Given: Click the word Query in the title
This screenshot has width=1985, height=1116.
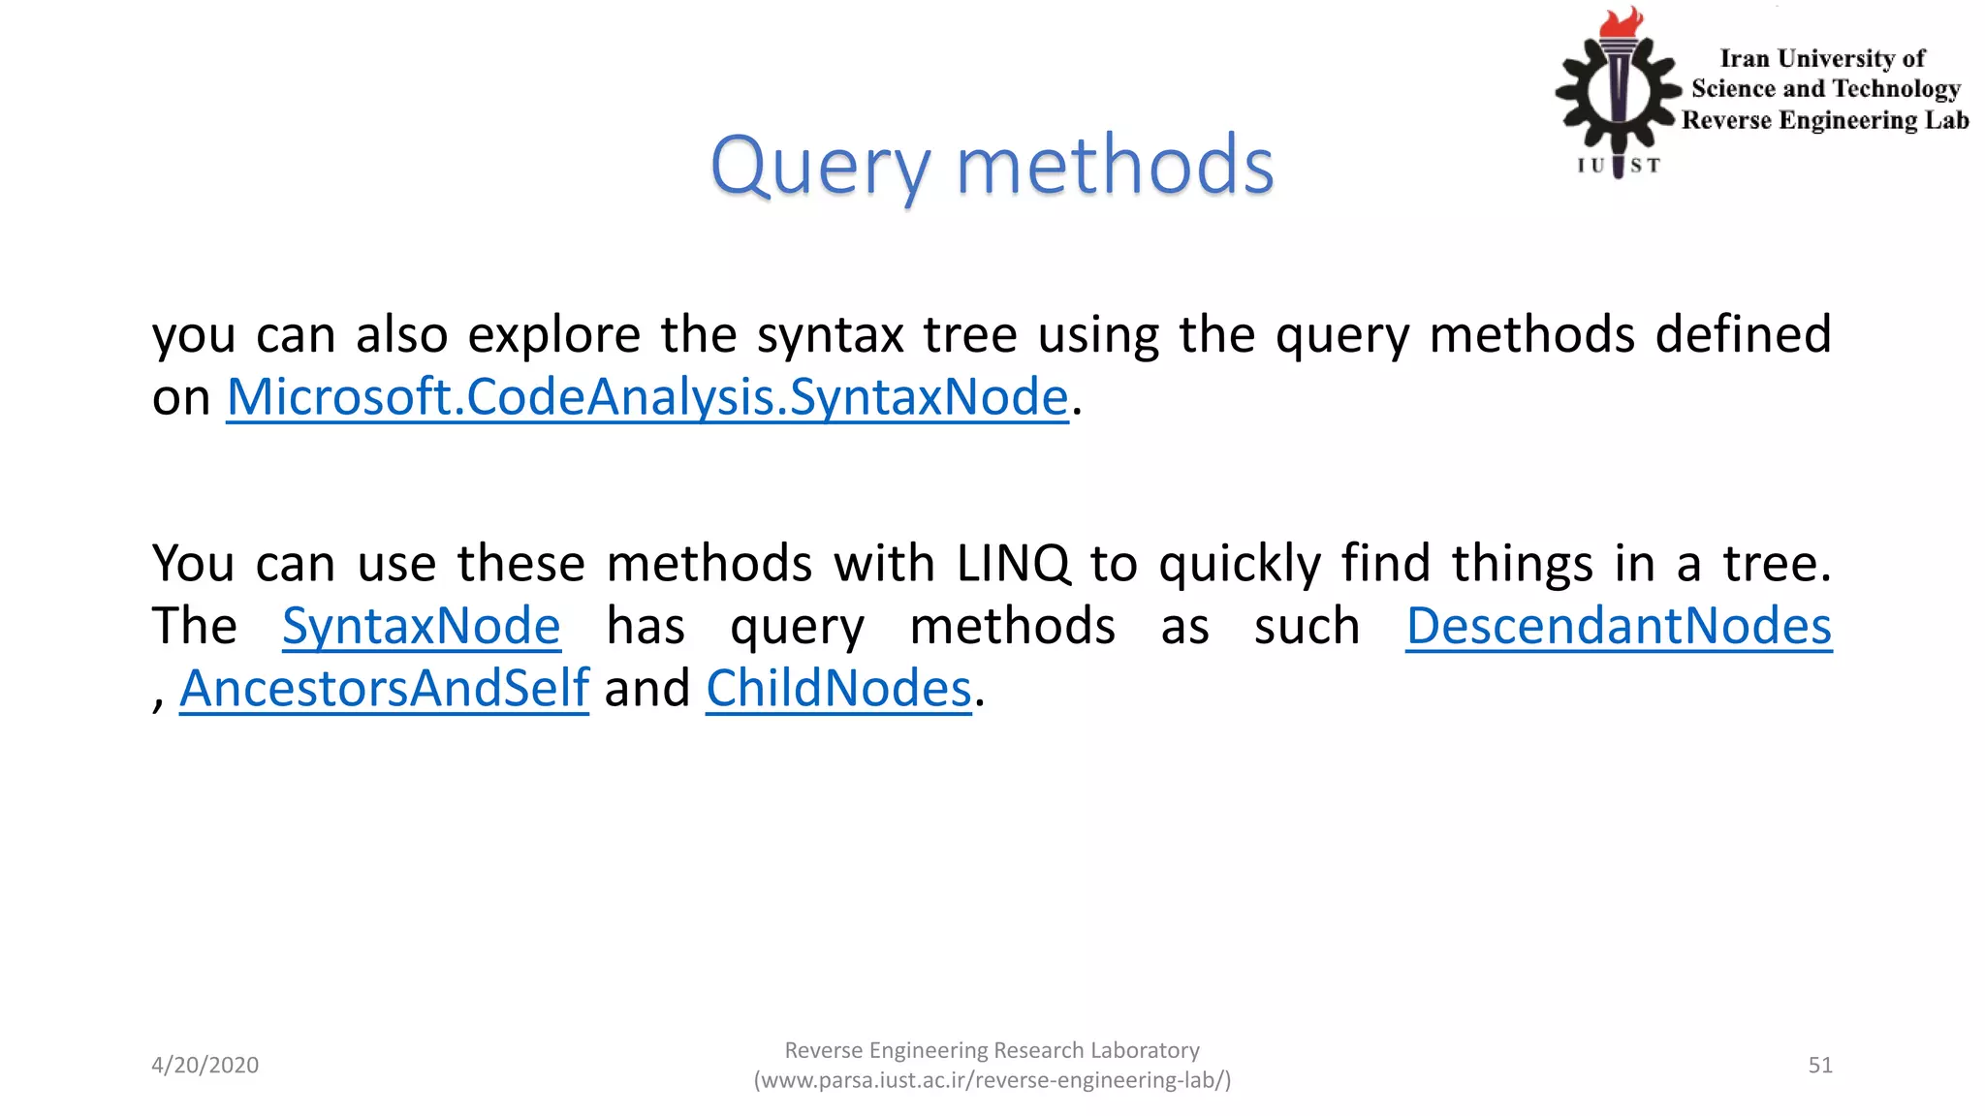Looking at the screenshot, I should click(819, 167).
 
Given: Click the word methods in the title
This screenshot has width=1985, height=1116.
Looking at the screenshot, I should click(1115, 167).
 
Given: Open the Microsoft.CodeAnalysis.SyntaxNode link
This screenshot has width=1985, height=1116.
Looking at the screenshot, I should click(646, 397).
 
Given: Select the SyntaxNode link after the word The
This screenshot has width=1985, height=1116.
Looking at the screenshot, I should click(421, 626).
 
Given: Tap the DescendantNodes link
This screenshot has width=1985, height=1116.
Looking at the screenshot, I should click(1618, 626).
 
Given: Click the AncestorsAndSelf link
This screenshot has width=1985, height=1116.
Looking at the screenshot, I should click(384, 689).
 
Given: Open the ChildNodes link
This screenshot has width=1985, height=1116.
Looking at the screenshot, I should click(837, 689).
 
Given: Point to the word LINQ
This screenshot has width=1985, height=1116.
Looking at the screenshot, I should click(1013, 564).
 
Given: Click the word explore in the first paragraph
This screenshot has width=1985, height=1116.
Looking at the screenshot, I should click(553, 335).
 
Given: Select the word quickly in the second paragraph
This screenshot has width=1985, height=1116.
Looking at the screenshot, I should click(1240, 564).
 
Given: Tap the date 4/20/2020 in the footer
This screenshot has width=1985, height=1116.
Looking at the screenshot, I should click(205, 1065).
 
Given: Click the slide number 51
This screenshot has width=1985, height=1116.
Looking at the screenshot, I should click(1819, 1065).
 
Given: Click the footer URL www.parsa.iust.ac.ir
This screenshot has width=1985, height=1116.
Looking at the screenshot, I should click(992, 1080).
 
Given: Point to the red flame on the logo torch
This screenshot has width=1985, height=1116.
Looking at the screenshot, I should click(1622, 23).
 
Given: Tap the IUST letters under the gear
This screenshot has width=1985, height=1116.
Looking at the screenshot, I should click(1618, 166).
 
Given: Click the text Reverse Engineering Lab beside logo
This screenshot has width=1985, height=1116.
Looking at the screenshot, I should click(1824, 120).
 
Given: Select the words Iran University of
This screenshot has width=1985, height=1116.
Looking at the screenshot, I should click(1821, 59).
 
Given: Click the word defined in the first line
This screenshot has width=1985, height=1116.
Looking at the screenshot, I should click(1742, 335).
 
